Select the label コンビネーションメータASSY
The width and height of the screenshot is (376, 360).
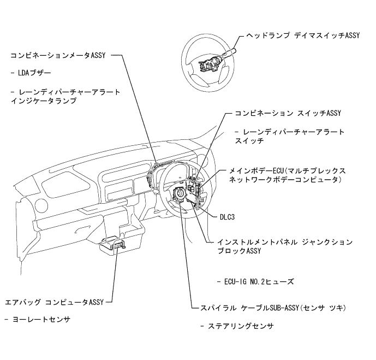click(x=57, y=55)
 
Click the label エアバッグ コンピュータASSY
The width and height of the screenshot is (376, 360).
click(x=54, y=301)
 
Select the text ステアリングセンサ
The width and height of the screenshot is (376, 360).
click(x=240, y=326)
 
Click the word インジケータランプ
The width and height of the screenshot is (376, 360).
click(x=43, y=101)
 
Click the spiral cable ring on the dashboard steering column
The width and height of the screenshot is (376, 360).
click(x=180, y=194)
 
